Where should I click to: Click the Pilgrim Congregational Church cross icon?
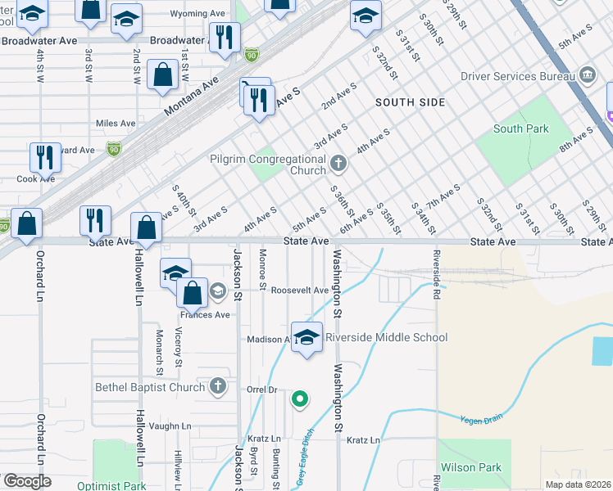point(338,164)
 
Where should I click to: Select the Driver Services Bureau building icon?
point(587,75)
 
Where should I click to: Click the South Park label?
point(521,128)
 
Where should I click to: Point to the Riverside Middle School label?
point(387,337)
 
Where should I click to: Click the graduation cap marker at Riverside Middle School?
point(306,337)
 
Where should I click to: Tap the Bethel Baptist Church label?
point(149,386)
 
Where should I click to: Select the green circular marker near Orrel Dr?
point(300,399)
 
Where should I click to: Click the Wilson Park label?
point(471,468)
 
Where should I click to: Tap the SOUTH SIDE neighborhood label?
point(411,102)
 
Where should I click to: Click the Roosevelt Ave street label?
point(300,291)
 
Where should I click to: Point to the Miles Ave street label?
point(116,124)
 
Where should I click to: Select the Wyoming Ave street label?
point(198,14)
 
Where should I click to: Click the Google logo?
point(28,480)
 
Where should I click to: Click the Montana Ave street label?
point(193,96)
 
